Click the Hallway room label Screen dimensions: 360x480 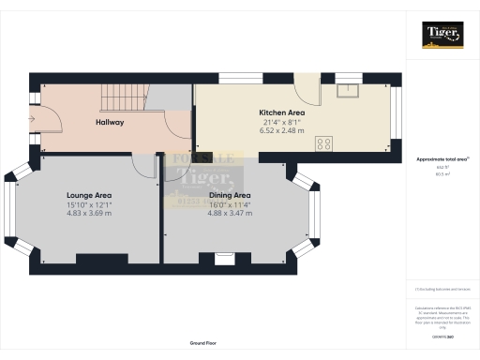[x=110, y=123]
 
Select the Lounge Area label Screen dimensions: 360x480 [x=89, y=195]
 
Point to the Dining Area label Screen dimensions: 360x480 [x=229, y=195]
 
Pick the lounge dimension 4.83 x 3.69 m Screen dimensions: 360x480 [x=89, y=213]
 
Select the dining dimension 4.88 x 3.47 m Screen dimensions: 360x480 [x=229, y=213]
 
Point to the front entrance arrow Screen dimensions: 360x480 [x=33, y=119]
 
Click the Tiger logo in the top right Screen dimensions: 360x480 [x=442, y=36]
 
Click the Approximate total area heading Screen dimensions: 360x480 [x=441, y=159]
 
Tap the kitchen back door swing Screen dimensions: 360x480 [x=307, y=86]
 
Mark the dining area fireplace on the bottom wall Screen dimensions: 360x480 [x=224, y=260]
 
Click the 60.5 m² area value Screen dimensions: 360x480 [x=441, y=173]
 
